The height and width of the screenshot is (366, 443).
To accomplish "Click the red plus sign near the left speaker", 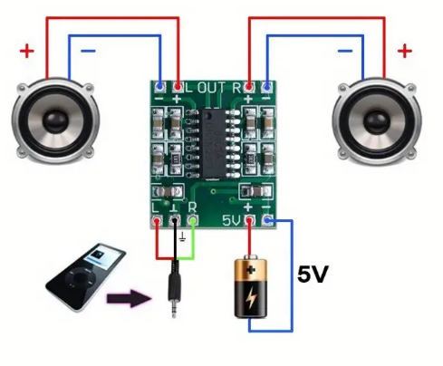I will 26,51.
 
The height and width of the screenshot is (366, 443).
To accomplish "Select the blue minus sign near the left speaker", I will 88,52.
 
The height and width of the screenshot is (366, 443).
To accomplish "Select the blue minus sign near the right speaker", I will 345,52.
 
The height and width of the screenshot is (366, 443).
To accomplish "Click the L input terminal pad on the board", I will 158,221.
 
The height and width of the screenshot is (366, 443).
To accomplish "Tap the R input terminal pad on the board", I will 193,221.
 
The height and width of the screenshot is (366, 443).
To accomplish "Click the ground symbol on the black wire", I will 184,238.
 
